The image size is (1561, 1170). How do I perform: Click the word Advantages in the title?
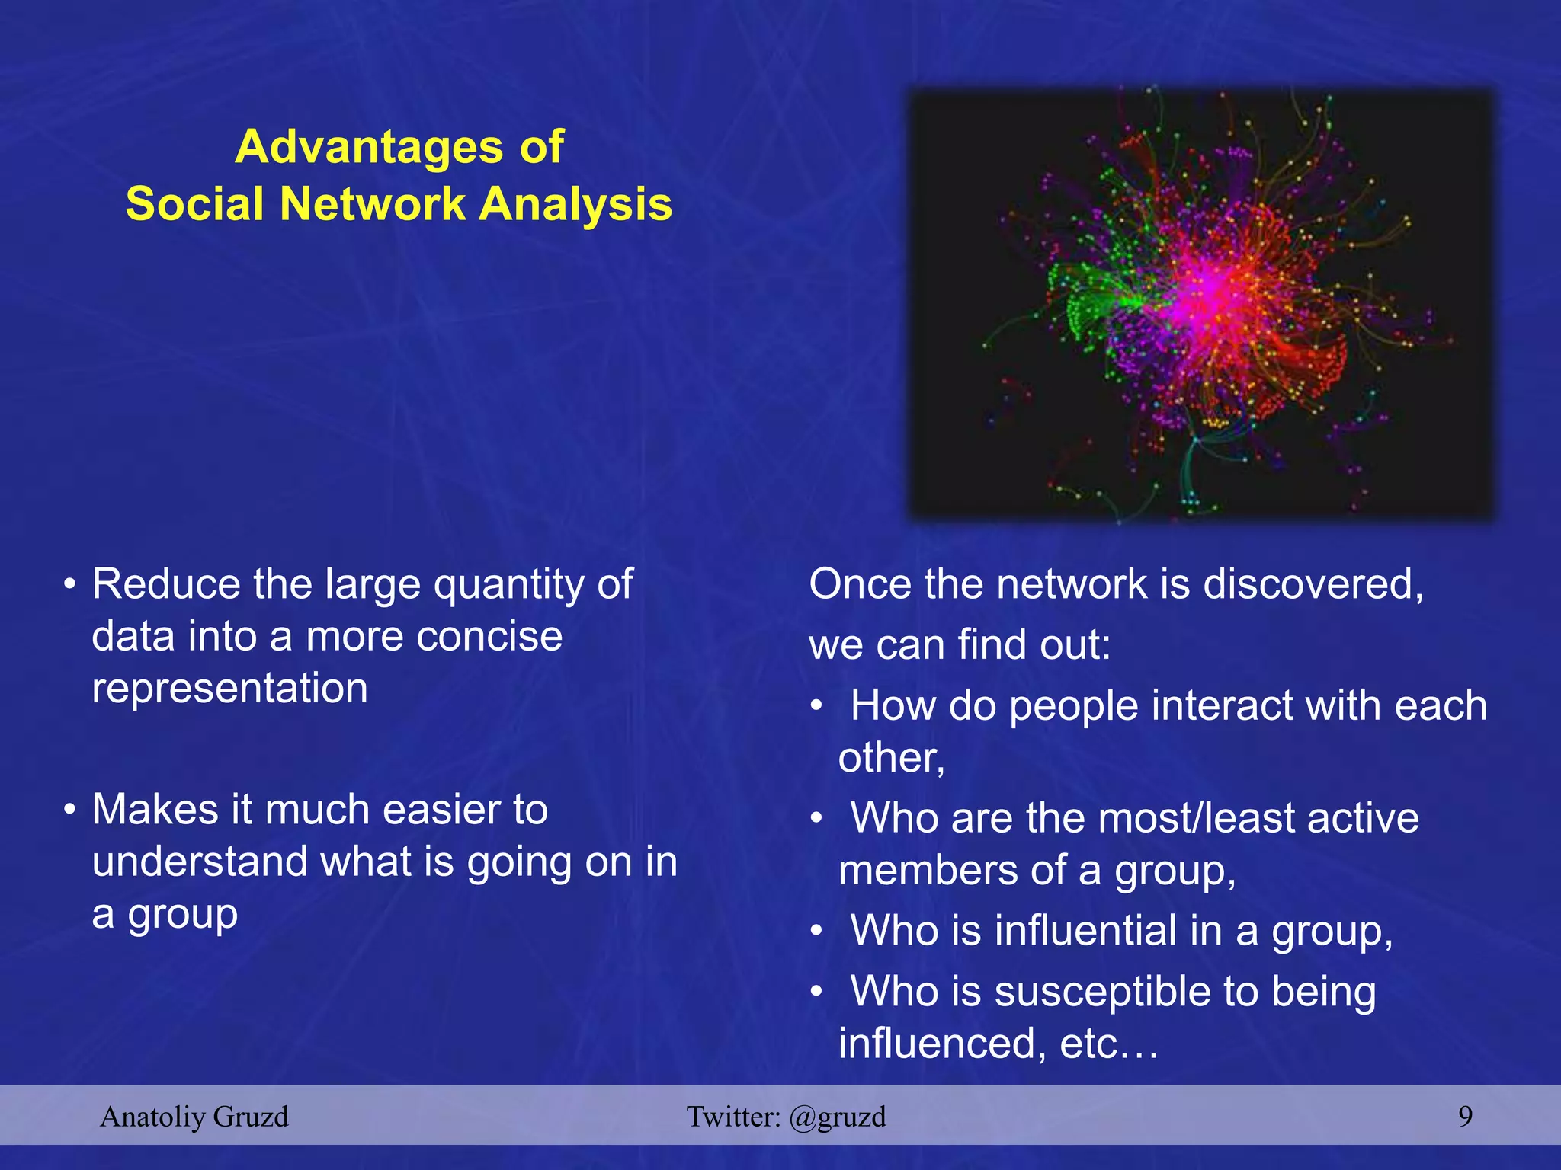(369, 146)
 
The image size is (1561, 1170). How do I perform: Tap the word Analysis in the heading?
(575, 204)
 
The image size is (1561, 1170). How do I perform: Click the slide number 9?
(1465, 1117)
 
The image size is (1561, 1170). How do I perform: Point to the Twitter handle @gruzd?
(837, 1117)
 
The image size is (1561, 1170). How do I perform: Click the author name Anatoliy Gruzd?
(194, 1117)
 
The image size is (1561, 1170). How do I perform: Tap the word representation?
(229, 688)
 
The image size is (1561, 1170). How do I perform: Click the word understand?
(199, 862)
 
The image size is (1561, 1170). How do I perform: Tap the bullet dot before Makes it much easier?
(69, 810)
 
